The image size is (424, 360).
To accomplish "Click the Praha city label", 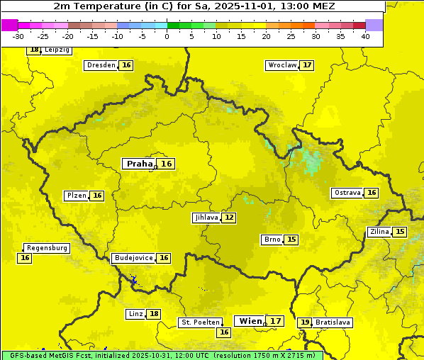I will pyautogui.click(x=139, y=164).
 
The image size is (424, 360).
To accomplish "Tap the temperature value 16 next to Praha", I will pyautogui.click(x=166, y=164).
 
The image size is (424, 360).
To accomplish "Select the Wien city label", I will pyautogui.click(x=250, y=321).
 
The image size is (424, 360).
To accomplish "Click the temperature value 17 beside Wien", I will pyautogui.click(x=276, y=321).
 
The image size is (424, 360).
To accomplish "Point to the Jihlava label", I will pyautogui.click(x=206, y=218).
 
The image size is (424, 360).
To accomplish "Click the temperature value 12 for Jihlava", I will pyautogui.click(x=229, y=218).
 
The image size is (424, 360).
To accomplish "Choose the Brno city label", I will pyautogui.click(x=272, y=240).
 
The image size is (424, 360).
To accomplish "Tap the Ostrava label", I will pyautogui.click(x=347, y=193).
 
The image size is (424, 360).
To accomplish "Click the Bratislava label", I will pyautogui.click(x=333, y=322).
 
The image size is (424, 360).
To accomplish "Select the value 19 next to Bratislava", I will pyautogui.click(x=305, y=322).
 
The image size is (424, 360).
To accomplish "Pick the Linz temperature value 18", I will pyautogui.click(x=154, y=314).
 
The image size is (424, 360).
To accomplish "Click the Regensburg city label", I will pyautogui.click(x=47, y=248).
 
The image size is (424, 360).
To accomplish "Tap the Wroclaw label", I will pyautogui.click(x=281, y=65).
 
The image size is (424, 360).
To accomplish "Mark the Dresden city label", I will pyautogui.click(x=100, y=65).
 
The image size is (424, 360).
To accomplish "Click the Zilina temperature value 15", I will pyautogui.click(x=400, y=232).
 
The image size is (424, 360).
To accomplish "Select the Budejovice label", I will pyautogui.click(x=133, y=258).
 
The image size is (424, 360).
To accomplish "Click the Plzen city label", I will pyautogui.click(x=76, y=196).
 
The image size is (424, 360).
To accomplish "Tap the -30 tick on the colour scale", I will pyautogui.click(x=19, y=36).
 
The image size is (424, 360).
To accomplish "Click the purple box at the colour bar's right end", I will pyautogui.click(x=374, y=25).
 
